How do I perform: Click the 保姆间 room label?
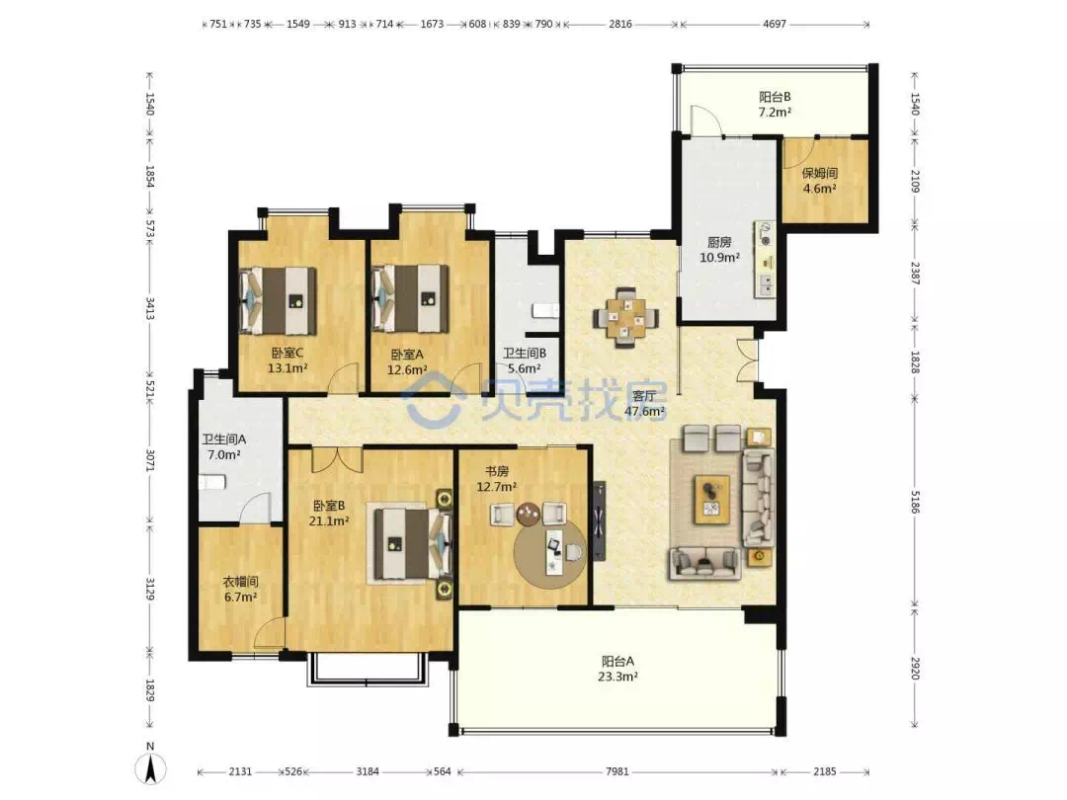[x=819, y=173]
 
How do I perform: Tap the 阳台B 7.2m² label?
[x=776, y=104]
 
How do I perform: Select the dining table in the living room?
[x=626, y=318]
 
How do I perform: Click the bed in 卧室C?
[x=279, y=300]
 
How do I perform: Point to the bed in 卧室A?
[x=410, y=298]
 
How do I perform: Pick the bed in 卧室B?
[x=409, y=543]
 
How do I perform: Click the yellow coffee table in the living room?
[x=711, y=500]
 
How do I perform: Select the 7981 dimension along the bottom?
[x=617, y=771]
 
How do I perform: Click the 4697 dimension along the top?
[x=775, y=24]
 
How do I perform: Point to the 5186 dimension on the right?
[x=915, y=502]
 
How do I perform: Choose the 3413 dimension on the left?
[x=150, y=308]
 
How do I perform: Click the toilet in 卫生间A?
[x=211, y=482]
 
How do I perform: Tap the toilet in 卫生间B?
[x=545, y=310]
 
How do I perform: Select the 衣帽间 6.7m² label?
[x=240, y=590]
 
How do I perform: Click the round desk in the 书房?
[x=549, y=553]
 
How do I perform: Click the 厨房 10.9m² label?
[x=719, y=250]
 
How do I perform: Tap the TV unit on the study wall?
[x=598, y=521]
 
